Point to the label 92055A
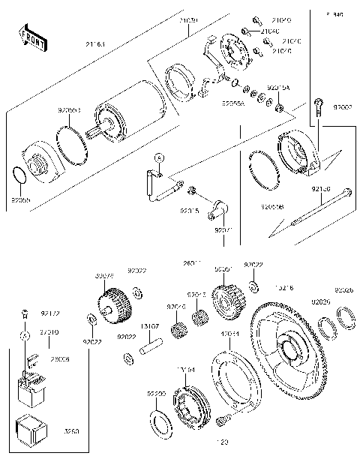pos(232,105)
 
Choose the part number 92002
pos(343,108)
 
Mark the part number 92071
pos(223,230)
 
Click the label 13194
pos(186,369)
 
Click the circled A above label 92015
pos(159,158)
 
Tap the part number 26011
pos(192,263)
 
